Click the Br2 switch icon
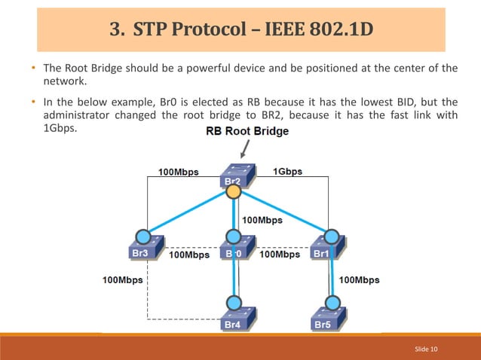[234, 175]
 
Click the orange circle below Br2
[234, 192]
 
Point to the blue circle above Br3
[140, 234]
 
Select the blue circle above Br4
[234, 301]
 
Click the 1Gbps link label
[287, 172]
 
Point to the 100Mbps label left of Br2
[179, 172]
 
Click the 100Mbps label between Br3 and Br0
[189, 255]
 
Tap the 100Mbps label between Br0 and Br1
[280, 255]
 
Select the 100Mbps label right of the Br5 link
[360, 280]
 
